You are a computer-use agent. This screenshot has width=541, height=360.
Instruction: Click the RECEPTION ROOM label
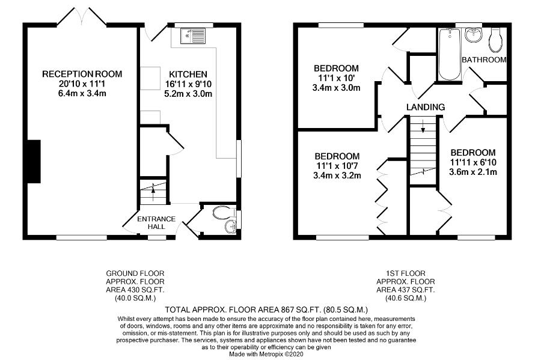coord(82,74)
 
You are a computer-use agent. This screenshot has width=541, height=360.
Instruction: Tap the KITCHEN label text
coord(188,74)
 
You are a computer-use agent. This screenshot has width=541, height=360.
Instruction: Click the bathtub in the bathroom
coord(449,54)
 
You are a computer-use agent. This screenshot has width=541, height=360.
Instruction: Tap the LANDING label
coord(425,107)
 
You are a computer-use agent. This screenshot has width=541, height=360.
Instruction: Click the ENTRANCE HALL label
coord(156,223)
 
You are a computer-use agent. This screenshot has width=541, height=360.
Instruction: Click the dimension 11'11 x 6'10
coord(473,162)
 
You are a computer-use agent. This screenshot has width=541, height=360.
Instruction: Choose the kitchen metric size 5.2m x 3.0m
coord(188,94)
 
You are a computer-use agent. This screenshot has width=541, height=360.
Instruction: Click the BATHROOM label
coord(484,59)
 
